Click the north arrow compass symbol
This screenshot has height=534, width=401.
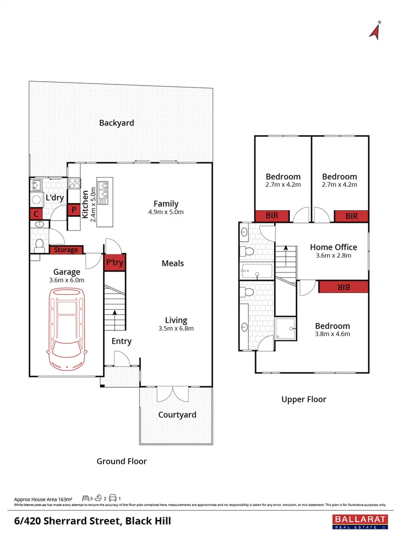coord(375,30)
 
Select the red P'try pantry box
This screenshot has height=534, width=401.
coord(115,263)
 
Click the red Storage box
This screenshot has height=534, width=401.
coord(66,250)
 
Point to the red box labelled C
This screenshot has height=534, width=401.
coord(36,214)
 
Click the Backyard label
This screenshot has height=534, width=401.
coord(116,123)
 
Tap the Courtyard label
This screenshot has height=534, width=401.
coord(177,415)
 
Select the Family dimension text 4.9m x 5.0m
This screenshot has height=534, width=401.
coord(166,212)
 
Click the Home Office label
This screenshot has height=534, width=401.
coord(333,247)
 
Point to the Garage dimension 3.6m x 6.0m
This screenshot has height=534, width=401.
coord(67,280)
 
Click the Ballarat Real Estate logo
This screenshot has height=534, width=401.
coord(362,521)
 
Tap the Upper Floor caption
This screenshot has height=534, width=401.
coord(304,399)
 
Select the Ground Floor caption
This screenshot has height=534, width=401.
coord(122,461)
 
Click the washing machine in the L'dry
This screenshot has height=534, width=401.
coord(37,200)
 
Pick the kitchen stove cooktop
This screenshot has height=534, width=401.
coord(75,183)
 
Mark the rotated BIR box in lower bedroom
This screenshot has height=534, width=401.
coord(343,287)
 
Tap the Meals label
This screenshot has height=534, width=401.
coord(173,263)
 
